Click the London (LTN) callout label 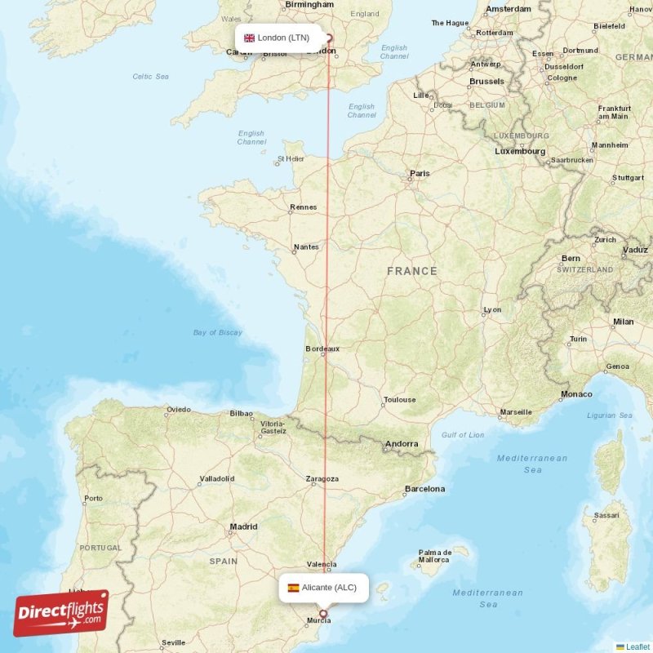[278, 38]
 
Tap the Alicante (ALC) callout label [323, 588]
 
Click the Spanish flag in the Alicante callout [293, 588]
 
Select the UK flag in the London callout [249, 38]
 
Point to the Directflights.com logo [61, 613]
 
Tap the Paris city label [420, 173]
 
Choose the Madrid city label [243, 527]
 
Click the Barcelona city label [425, 489]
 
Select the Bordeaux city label [322, 349]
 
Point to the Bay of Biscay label [218, 332]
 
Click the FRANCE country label [412, 271]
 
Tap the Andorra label [402, 444]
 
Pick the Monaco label [576, 394]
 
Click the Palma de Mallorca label [434, 556]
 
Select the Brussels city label [486, 82]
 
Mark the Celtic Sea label [150, 77]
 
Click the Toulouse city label [399, 400]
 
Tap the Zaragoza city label [322, 479]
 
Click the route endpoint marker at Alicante [323, 614]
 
